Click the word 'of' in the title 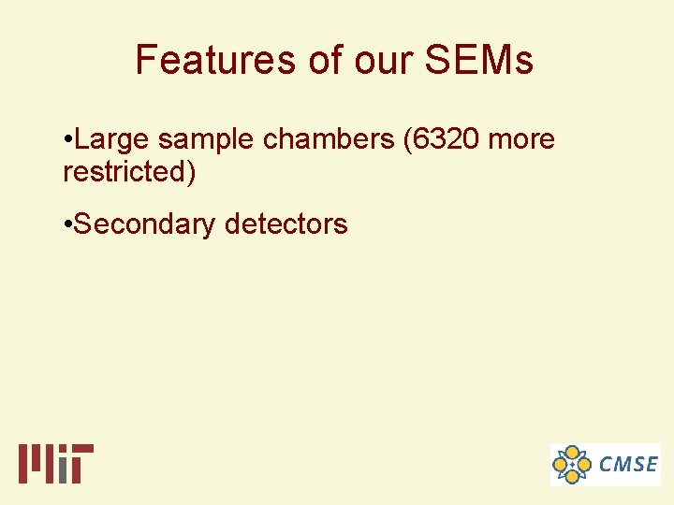[325, 61]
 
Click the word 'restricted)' [129, 173]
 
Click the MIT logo [56, 463]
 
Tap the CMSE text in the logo [628, 464]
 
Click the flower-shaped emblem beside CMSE [572, 464]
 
